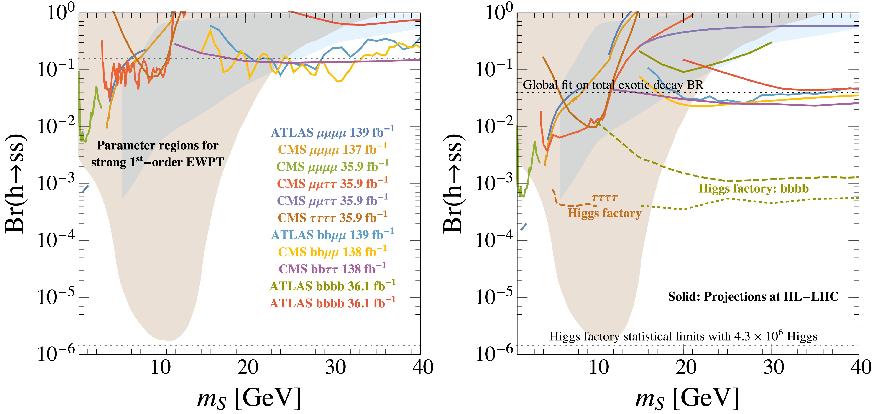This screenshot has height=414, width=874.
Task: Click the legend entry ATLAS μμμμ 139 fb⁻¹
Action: pos(332,132)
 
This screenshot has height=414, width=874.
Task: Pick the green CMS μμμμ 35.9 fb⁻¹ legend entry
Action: pos(332,166)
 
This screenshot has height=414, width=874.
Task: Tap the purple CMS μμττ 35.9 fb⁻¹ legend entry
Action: pos(332,201)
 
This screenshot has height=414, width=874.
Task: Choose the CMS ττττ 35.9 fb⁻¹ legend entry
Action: pos(332,217)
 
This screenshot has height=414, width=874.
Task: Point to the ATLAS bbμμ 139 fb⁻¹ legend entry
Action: pos(332,235)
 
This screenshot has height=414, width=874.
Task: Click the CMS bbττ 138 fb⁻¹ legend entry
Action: pos(332,269)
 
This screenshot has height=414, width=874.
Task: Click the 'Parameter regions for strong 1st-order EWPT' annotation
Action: pos(157,154)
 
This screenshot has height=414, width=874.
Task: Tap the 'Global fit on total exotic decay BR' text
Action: pos(613,85)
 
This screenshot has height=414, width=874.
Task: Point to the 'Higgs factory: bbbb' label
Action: pos(753,189)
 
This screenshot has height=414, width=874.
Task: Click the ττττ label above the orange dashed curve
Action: pos(604,197)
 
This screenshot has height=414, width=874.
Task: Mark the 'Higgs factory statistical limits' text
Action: pos(683,336)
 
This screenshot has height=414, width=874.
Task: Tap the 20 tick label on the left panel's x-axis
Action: pos(248,368)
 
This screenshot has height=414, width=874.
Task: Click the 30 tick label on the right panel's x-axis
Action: pos(774,368)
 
